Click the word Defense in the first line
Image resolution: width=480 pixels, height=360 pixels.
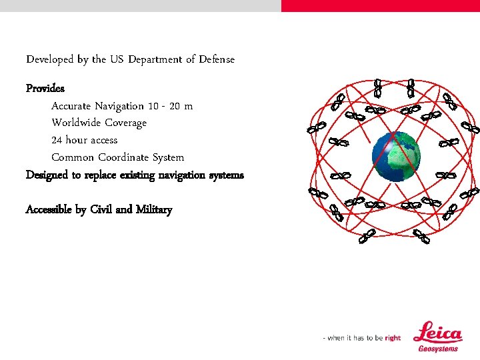[215, 59]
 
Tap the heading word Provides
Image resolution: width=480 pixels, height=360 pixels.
[45, 88]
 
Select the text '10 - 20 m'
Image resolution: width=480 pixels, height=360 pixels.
[170, 106]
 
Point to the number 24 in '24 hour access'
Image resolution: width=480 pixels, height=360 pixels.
[57, 140]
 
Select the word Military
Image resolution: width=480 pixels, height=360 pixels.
[153, 209]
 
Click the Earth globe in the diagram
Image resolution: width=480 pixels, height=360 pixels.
[396, 155]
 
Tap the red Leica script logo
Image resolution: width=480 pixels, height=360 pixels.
[437, 333]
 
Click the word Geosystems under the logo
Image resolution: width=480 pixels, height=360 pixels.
[438, 348]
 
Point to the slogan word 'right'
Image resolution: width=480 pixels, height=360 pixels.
[393, 338]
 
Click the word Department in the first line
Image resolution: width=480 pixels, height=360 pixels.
[155, 59]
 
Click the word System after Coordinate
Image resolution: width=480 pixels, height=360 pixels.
[168, 157]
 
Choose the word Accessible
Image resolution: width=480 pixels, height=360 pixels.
[49, 209]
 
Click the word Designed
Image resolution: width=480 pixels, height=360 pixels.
[47, 175]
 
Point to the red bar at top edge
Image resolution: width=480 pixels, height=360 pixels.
[380, 5]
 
